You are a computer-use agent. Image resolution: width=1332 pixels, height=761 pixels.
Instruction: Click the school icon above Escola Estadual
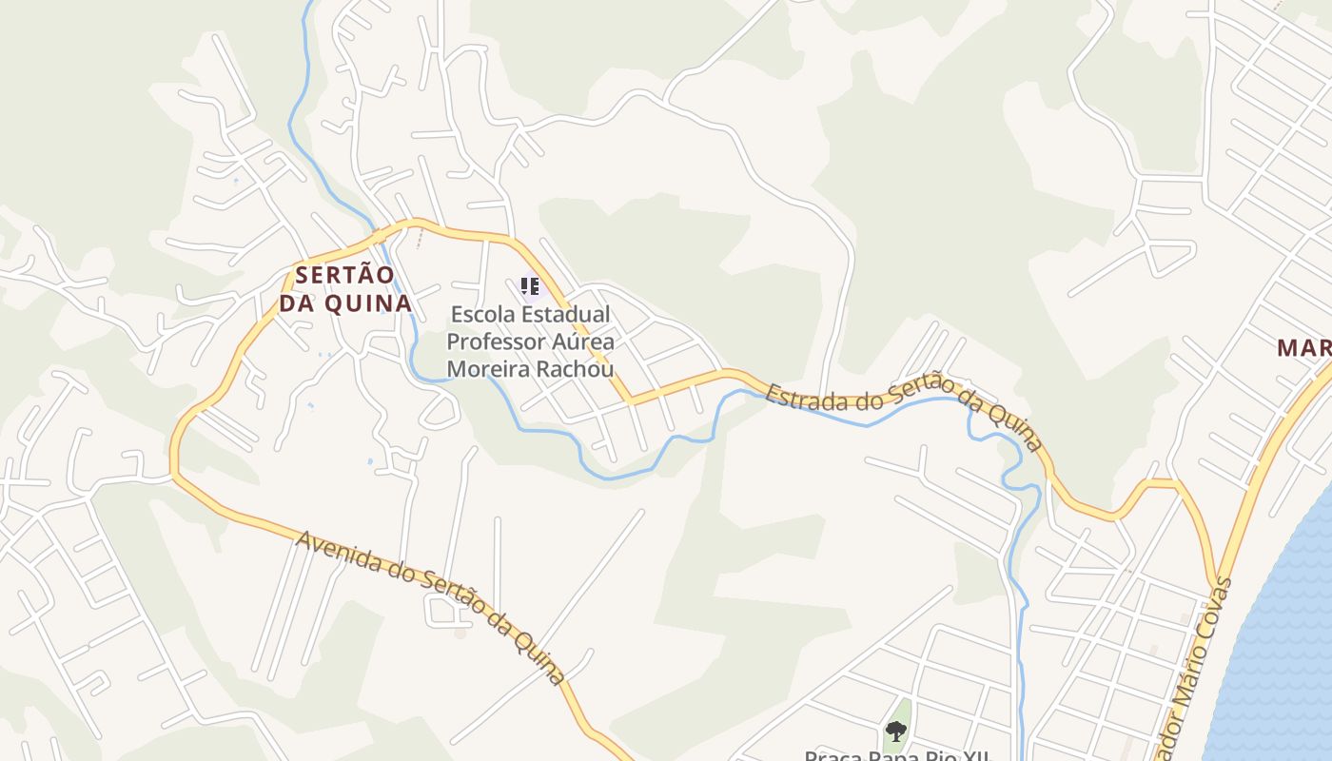[x=530, y=284]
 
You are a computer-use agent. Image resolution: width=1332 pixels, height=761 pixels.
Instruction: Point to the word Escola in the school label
[x=484, y=314]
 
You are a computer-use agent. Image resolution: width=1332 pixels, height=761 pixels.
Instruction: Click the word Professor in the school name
[x=496, y=341]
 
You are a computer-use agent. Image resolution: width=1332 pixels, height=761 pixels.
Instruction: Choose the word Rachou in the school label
[x=580, y=368]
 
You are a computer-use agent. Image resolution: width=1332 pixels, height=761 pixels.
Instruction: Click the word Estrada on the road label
[x=796, y=398]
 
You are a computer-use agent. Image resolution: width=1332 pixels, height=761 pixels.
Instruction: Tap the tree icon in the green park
[x=895, y=732]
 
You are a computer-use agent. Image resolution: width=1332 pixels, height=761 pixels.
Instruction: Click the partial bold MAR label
[x=1303, y=348]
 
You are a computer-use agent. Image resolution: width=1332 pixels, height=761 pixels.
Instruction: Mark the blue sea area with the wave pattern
[x=1280, y=647]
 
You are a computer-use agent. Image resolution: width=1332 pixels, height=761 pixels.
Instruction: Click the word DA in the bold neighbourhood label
[x=297, y=303]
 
